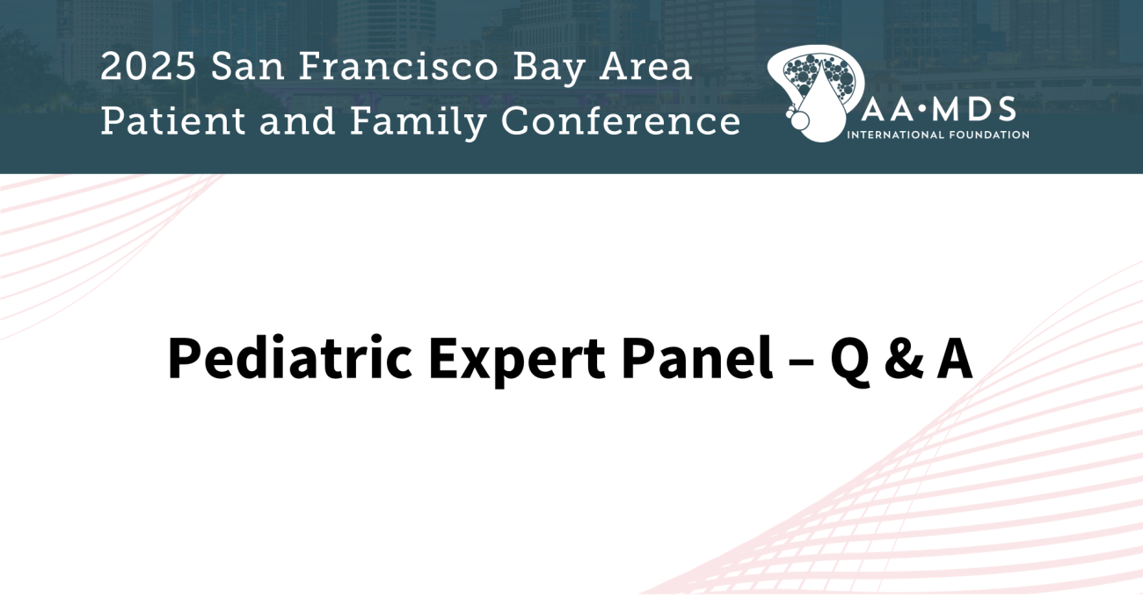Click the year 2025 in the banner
tap(148, 67)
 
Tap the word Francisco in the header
tap(397, 67)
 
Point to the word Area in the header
tap(646, 67)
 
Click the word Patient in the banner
tap(173, 121)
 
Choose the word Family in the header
tap(418, 123)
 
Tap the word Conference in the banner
tap(621, 121)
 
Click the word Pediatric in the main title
tap(290, 358)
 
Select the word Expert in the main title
tap(517, 361)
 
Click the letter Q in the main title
tap(849, 361)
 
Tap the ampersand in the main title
tap(904, 359)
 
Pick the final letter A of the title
tap(954, 359)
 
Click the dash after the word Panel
tap(801, 361)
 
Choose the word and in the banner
tap(297, 121)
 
